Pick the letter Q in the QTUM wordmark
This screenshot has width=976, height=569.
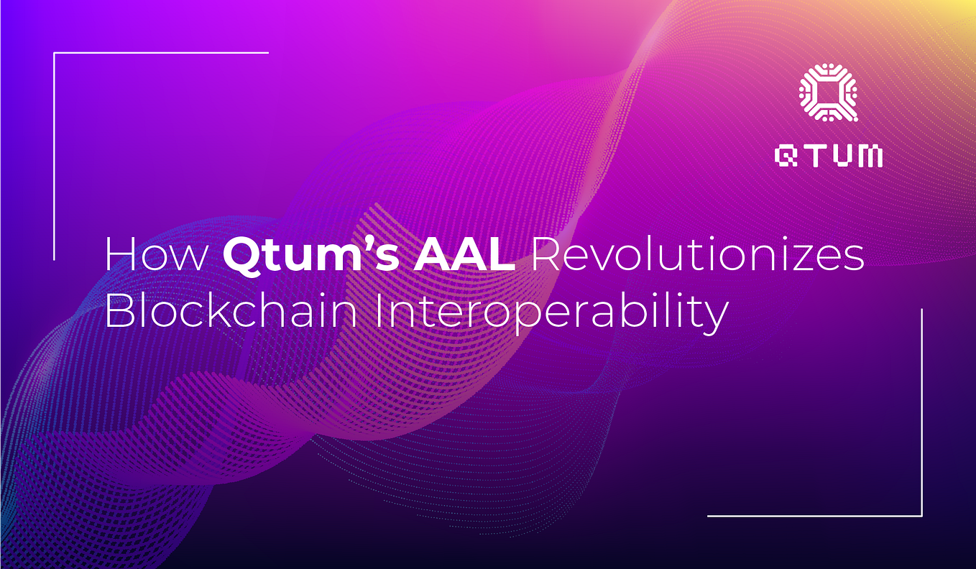pyautogui.click(x=788, y=157)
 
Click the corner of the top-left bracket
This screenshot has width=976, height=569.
pyautogui.click(x=55, y=53)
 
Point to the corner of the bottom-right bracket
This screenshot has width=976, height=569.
pyautogui.click(x=921, y=515)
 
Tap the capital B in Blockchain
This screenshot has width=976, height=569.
pyautogui.click(x=119, y=313)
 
